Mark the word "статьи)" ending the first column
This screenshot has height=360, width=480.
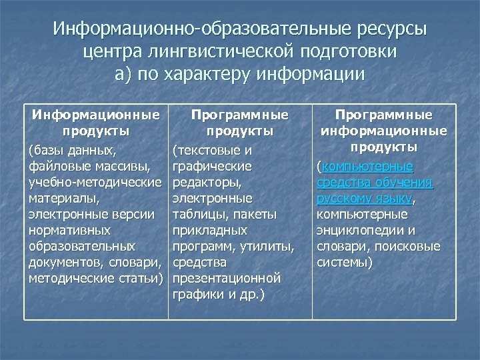(139, 278)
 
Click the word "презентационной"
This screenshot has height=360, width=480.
(227, 278)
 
